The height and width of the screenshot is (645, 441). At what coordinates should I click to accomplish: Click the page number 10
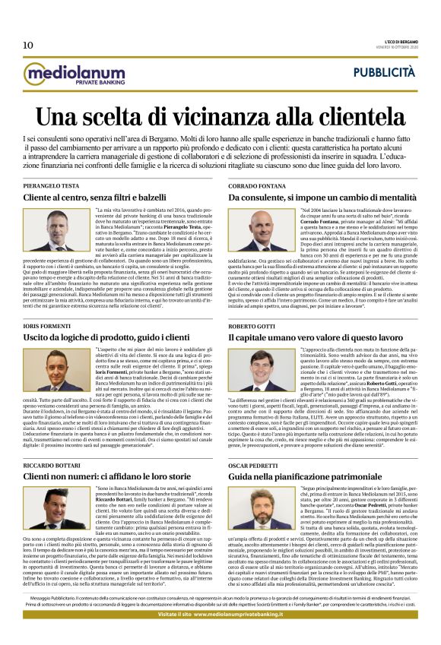pos(28,45)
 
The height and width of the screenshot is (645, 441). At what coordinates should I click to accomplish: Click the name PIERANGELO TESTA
pos(51,185)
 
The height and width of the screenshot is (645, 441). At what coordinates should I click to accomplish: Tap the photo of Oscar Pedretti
pos(255,509)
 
